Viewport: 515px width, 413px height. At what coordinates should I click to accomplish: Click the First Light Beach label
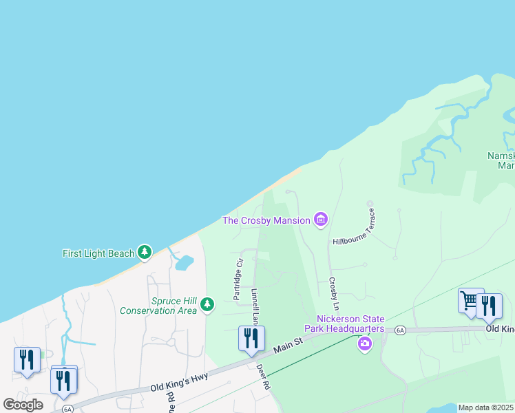tap(98, 253)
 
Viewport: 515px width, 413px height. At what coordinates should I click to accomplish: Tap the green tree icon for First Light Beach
tap(145, 253)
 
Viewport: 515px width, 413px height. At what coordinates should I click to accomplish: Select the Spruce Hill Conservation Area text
tap(158, 306)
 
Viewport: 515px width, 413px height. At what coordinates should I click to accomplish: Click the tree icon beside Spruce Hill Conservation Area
tap(207, 304)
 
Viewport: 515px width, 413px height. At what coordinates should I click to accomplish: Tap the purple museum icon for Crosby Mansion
tap(319, 220)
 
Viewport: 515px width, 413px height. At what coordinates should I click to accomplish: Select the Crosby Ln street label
tap(334, 293)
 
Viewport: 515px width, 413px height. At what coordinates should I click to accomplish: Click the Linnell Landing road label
tap(254, 306)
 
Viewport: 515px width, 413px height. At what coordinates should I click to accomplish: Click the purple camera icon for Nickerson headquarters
tap(364, 343)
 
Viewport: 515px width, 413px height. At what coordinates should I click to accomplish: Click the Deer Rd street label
tap(262, 377)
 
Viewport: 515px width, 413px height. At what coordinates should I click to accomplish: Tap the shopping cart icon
tap(471, 300)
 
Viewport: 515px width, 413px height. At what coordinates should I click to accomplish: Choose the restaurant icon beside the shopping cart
tap(490, 306)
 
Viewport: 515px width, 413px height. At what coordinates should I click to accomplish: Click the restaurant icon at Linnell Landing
tap(251, 338)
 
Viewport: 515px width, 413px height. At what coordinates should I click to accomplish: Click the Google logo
tap(23, 405)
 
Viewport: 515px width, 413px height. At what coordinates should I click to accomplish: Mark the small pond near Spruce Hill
tap(183, 262)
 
